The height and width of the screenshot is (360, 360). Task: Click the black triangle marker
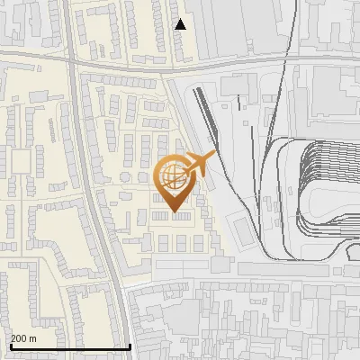[181, 24]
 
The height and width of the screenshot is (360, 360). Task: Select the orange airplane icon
[200, 164]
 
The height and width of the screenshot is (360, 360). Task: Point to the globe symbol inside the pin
[172, 174]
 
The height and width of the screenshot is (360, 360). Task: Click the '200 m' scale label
[23, 338]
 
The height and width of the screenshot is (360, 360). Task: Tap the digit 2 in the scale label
[13, 338]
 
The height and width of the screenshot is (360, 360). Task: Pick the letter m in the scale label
[33, 338]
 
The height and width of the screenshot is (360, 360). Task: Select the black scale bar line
[70, 346]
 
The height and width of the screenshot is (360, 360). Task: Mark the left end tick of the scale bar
[9, 345]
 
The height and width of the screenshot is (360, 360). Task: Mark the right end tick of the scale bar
[130, 345]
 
